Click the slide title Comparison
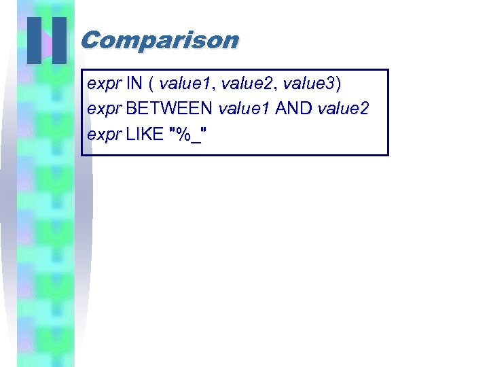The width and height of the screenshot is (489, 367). pyautogui.click(x=160, y=40)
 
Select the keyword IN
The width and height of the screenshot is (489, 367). pyautogui.click(x=134, y=84)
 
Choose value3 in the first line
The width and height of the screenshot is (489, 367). pyautogui.click(x=308, y=84)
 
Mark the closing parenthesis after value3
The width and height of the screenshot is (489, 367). pyautogui.click(x=338, y=84)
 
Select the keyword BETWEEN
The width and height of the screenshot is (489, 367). pyautogui.click(x=170, y=109)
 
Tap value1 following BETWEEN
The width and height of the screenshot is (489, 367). pyautogui.click(x=244, y=109)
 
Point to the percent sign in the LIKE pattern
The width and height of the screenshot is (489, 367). pyautogui.click(x=182, y=133)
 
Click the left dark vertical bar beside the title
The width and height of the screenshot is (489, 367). pyautogui.click(x=35, y=41)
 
